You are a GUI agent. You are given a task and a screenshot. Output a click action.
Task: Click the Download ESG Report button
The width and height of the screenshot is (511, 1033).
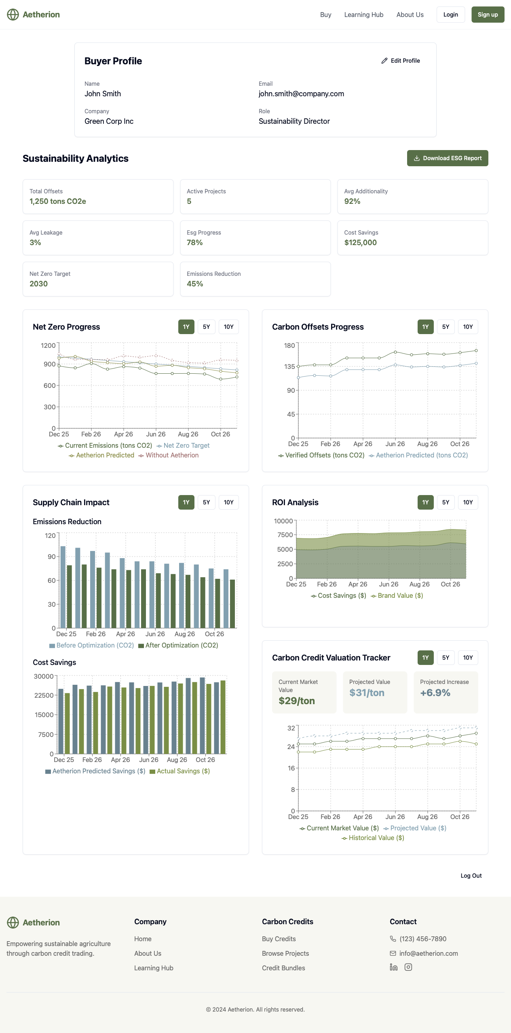[x=448, y=158]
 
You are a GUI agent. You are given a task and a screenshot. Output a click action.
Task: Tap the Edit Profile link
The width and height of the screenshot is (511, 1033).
[x=401, y=61]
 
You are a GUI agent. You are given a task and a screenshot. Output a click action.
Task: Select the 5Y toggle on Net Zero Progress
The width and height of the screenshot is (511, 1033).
[x=206, y=327]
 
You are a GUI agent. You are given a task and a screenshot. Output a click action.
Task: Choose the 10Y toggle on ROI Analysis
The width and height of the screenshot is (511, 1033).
[x=468, y=502]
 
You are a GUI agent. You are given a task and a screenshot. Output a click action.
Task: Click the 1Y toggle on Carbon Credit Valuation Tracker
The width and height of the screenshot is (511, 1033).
[x=425, y=658]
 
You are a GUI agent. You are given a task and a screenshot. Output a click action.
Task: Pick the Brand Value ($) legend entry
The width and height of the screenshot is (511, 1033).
[x=397, y=596]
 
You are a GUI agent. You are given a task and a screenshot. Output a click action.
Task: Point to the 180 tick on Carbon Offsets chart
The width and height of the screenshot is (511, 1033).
[x=289, y=345]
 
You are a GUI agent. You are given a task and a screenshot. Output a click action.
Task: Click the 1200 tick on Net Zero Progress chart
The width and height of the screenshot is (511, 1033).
[x=48, y=345]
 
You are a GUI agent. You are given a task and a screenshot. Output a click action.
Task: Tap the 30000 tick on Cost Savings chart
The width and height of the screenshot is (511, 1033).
[x=44, y=676]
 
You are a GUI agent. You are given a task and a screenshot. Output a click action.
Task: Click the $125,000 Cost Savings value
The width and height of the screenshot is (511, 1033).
[x=360, y=243]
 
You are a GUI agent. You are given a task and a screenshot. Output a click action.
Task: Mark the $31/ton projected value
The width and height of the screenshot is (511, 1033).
[x=367, y=693]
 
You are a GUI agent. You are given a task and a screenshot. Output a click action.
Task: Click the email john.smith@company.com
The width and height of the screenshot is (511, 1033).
[x=301, y=94]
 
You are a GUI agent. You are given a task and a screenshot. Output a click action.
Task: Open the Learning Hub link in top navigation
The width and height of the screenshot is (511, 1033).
[x=363, y=15]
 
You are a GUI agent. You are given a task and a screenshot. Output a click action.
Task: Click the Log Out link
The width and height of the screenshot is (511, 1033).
[x=471, y=876]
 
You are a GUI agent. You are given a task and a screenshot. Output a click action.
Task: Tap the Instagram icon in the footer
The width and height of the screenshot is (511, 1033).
[x=408, y=967]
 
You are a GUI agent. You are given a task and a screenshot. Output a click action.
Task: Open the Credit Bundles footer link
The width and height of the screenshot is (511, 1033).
[x=283, y=968]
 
